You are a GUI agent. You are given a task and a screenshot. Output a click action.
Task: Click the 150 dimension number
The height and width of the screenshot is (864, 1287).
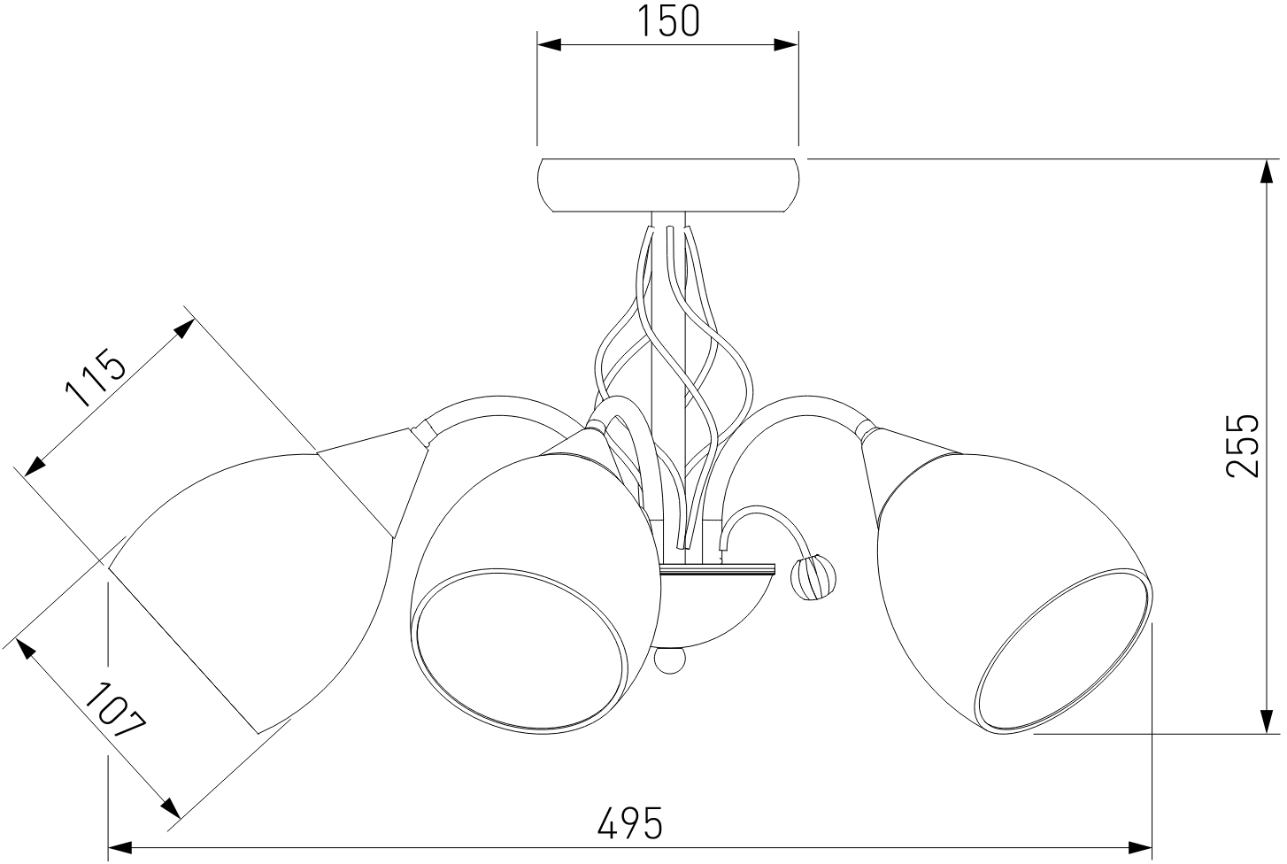pos(668,21)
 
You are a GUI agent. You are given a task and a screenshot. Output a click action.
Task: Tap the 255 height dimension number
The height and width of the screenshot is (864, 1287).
pos(1242,445)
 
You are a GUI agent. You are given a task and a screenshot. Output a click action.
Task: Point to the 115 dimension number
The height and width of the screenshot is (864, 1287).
pos(94,377)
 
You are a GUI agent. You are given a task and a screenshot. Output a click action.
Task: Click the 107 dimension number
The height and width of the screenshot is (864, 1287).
pos(115,710)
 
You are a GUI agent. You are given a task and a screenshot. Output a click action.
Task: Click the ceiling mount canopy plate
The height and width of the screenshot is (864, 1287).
pos(667,185)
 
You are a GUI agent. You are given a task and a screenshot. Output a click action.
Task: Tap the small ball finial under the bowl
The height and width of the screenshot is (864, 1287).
pos(670,660)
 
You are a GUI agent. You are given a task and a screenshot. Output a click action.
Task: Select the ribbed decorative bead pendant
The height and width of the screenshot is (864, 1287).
pos(813,576)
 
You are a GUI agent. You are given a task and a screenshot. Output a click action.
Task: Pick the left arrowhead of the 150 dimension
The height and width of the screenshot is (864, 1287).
pos(549,45)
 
